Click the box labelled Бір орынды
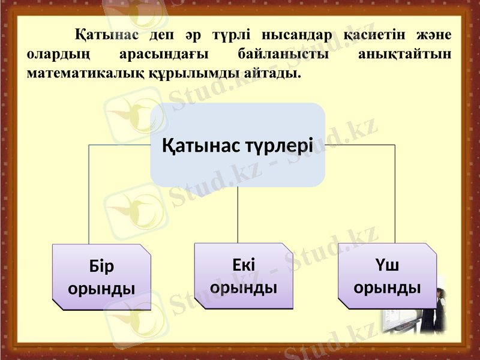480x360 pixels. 101,277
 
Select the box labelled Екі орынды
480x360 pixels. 243,275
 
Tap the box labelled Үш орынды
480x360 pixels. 387,275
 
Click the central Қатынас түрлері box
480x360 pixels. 238,145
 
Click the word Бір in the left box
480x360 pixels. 101,266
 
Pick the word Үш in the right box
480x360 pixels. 387,265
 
